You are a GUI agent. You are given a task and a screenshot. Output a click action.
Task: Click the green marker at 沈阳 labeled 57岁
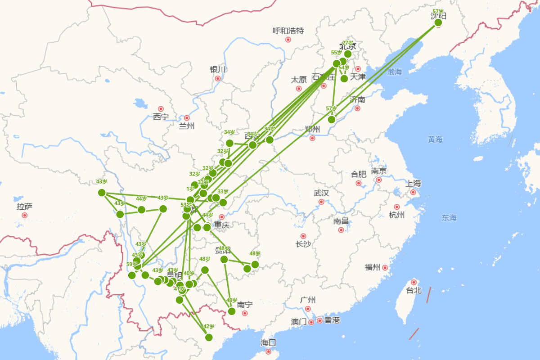pyautogui.click(x=438, y=22)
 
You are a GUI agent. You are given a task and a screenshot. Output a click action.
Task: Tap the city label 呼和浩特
pyautogui.click(x=288, y=31)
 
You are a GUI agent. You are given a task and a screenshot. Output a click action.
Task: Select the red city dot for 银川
pyautogui.click(x=218, y=78)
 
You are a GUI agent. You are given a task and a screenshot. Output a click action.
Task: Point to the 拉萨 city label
pyautogui.click(x=24, y=207)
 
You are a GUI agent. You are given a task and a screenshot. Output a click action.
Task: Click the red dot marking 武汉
pyautogui.click(x=321, y=202)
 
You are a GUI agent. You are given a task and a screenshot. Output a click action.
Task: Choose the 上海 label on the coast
pyautogui.click(x=413, y=184)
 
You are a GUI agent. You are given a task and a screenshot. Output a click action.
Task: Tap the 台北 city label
pyautogui.click(x=414, y=291)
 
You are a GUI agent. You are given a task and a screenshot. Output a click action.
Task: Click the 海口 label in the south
pyautogui.click(x=268, y=343)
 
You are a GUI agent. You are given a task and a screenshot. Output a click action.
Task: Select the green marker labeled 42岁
pyautogui.click(x=209, y=337)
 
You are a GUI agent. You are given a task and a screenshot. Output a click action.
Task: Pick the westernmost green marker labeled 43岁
pyautogui.click(x=102, y=193)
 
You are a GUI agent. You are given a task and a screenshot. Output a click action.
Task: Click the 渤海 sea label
pyautogui.click(x=394, y=72)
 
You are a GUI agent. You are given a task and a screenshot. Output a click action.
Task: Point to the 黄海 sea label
pyautogui.click(x=435, y=139)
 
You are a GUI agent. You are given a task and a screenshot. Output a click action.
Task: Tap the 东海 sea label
pyautogui.click(x=449, y=218)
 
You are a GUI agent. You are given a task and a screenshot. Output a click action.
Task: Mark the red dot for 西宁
pyautogui.click(x=161, y=109)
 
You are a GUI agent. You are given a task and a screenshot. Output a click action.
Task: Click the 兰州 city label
pyautogui.click(x=186, y=126)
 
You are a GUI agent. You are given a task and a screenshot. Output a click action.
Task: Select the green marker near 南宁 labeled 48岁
pyautogui.click(x=232, y=311)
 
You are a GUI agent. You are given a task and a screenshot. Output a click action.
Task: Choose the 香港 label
pyautogui.click(x=332, y=320)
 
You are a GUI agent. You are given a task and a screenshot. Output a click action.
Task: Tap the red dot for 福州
pyautogui.click(x=385, y=268)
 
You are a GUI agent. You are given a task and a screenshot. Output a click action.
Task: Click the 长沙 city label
pyautogui.click(x=303, y=244)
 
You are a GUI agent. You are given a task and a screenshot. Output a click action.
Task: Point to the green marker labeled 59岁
pyautogui.click(x=132, y=275)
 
